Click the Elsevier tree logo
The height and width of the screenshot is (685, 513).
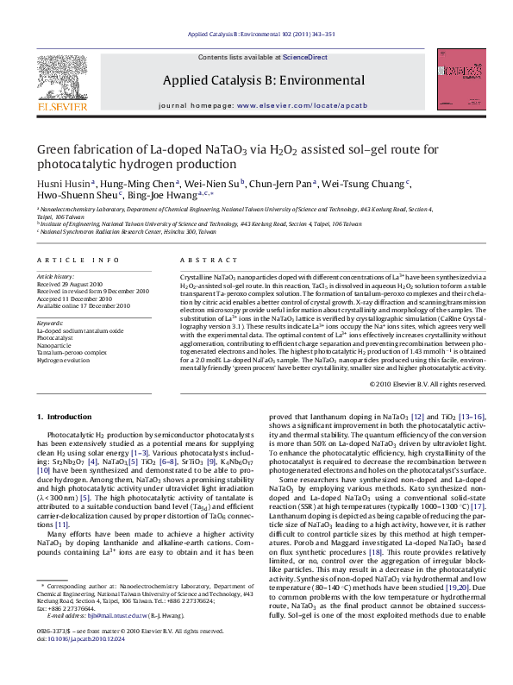pos(61,82)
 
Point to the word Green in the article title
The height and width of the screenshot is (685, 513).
pos(54,149)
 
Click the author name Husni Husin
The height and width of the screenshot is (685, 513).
pos(59,184)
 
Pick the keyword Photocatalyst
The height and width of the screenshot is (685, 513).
pos(55,338)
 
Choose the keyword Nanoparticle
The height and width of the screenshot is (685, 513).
pos(54,345)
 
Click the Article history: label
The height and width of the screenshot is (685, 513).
pos(56,276)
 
